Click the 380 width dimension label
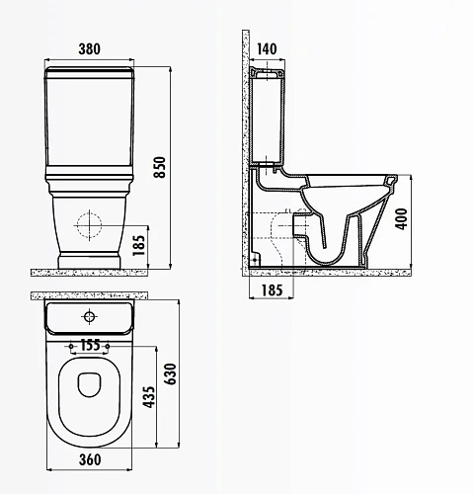[89, 49]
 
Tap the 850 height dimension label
[160, 167]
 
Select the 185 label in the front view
[138, 245]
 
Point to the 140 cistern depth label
[267, 49]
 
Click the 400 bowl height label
[401, 219]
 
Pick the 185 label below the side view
[272, 290]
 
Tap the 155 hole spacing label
[90, 345]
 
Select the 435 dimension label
[149, 397]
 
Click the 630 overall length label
[171, 373]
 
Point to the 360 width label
[90, 459]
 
